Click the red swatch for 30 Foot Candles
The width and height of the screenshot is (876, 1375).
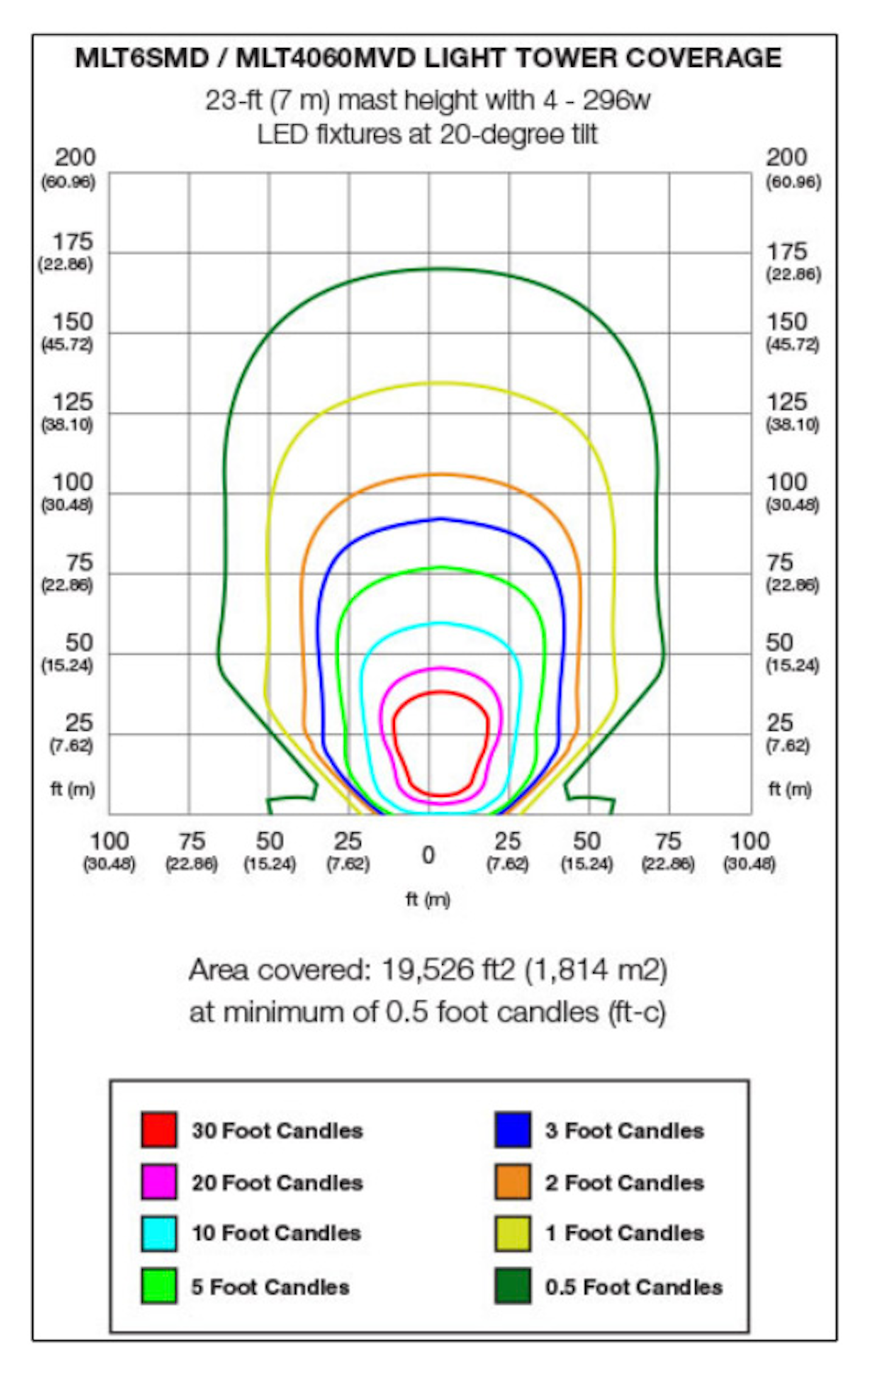(159, 1130)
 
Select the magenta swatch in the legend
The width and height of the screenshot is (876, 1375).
(159, 1182)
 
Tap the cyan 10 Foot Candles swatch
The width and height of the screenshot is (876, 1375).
(159, 1233)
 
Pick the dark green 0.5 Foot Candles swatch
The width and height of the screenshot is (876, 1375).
(512, 1286)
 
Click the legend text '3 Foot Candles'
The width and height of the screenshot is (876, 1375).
(624, 1130)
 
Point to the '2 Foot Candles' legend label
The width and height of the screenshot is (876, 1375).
(624, 1183)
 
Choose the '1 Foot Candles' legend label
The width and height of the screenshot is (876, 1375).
(624, 1233)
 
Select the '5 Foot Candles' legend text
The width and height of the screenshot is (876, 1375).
(270, 1287)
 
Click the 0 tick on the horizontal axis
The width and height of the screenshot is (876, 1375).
(428, 855)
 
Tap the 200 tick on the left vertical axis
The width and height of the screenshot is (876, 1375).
(75, 158)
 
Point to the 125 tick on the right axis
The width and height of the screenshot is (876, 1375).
(786, 402)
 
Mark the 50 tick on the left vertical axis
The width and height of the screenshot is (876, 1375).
(80, 643)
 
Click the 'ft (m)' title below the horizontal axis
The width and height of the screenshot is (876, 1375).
(428, 899)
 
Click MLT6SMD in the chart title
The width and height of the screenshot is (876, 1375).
(142, 58)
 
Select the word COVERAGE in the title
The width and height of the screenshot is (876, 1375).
(703, 58)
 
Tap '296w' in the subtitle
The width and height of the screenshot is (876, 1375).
(616, 100)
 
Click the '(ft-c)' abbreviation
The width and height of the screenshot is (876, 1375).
(638, 1012)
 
